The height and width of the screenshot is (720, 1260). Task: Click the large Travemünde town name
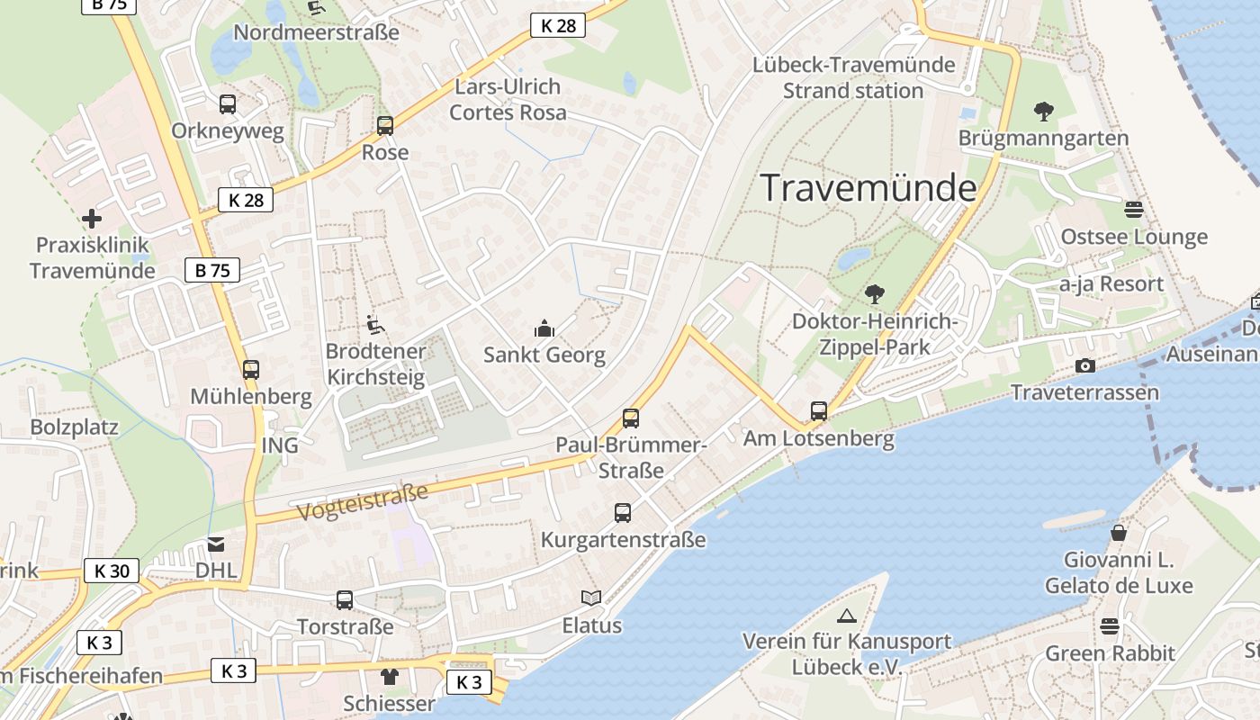(868, 188)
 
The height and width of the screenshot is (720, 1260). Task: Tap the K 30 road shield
(112, 571)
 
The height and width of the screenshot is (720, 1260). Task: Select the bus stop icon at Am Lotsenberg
(818, 411)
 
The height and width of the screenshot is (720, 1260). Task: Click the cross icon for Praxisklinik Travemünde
(91, 219)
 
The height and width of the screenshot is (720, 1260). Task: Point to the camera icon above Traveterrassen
(1085, 365)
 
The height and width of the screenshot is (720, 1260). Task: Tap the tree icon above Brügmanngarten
(1044, 112)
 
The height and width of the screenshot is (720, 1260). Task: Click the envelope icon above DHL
(216, 544)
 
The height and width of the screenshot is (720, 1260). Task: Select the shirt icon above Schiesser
(389, 677)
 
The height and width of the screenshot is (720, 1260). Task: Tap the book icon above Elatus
(591, 598)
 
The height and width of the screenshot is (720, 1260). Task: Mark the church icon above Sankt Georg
(544, 328)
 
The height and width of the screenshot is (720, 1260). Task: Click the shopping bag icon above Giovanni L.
(1119, 533)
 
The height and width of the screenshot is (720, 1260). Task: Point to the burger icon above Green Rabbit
(1110, 626)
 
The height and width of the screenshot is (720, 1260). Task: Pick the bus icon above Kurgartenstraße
(623, 513)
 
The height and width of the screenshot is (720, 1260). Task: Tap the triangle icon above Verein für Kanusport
(846, 616)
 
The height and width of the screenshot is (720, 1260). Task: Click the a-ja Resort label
(1111, 284)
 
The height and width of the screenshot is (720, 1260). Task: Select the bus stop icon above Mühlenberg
(251, 369)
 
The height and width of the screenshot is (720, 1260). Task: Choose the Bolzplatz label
(74, 427)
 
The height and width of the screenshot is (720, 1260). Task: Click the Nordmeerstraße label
(316, 32)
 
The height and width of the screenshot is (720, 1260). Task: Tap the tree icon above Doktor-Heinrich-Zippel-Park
(873, 294)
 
